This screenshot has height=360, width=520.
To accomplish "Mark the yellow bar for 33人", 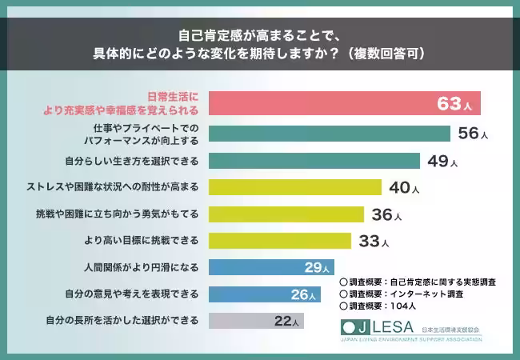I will (x=279, y=241).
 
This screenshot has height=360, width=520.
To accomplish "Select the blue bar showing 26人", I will (x=264, y=294).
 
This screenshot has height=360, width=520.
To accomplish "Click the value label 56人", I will (x=473, y=134).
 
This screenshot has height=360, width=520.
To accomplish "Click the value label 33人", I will (x=373, y=242).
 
